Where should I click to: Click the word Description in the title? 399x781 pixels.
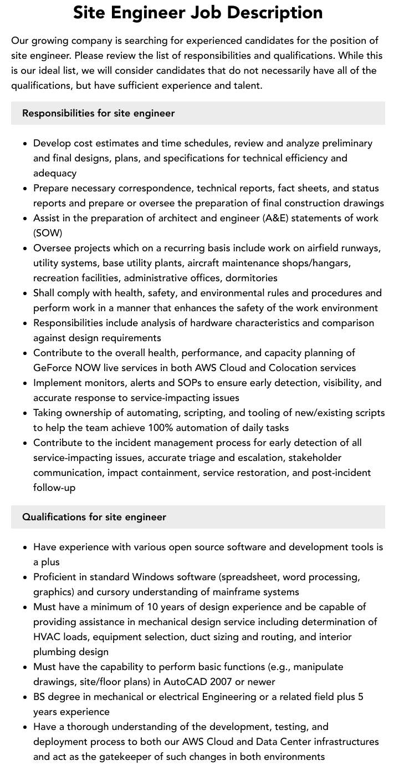277,12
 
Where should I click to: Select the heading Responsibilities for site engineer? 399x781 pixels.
98,113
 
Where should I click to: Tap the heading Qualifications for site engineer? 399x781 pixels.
94,517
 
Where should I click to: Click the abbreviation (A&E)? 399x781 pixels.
275,218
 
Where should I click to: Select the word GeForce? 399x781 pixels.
53,368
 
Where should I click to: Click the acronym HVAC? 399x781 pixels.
47,637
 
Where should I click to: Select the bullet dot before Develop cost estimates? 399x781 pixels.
25,144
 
